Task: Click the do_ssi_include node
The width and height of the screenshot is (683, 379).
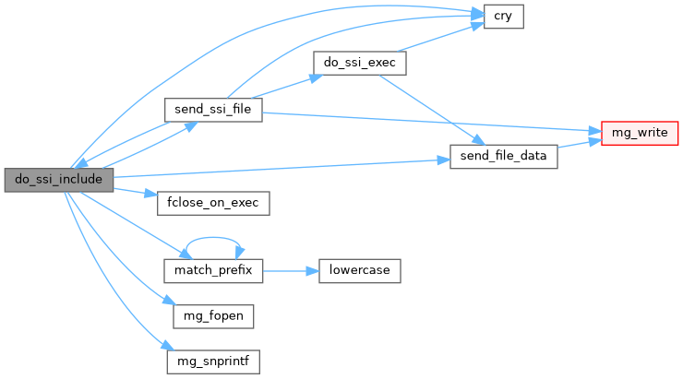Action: tap(58, 180)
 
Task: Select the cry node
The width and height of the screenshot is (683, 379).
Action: tap(504, 17)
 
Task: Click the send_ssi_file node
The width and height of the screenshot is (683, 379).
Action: tap(212, 110)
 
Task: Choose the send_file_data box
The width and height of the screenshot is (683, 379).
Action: tap(503, 157)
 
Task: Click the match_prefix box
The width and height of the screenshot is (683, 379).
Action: tap(212, 271)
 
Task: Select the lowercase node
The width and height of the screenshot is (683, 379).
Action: tap(359, 271)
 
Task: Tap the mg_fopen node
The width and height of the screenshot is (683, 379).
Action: tap(212, 315)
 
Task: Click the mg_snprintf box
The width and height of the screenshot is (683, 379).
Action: tap(212, 361)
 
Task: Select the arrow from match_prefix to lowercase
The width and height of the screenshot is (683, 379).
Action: tap(290, 271)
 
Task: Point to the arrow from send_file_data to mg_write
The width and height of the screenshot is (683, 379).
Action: tap(580, 145)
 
